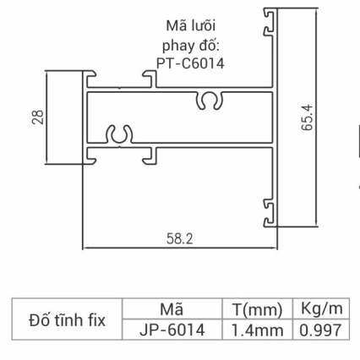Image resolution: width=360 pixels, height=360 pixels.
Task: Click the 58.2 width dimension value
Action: coord(178,239)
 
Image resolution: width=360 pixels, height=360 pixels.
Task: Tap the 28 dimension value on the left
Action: coord(38,117)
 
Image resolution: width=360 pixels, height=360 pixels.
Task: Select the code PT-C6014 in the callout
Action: coord(192,62)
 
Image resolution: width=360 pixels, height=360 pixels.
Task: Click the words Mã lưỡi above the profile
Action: coord(192,25)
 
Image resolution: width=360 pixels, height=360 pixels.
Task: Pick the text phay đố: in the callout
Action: coord(191,44)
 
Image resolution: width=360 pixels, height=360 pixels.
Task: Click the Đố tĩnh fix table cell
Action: coord(67,320)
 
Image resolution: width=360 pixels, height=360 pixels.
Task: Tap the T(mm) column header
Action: coord(256,309)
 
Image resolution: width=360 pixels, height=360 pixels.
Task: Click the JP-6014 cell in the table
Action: coord(172,330)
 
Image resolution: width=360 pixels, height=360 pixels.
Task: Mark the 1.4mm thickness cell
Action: coord(256,330)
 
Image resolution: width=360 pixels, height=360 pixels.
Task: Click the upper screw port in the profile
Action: coord(210,101)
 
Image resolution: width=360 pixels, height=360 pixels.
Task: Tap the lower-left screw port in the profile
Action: coord(118,134)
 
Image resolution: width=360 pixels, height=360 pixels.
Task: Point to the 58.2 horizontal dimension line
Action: coord(180,248)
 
